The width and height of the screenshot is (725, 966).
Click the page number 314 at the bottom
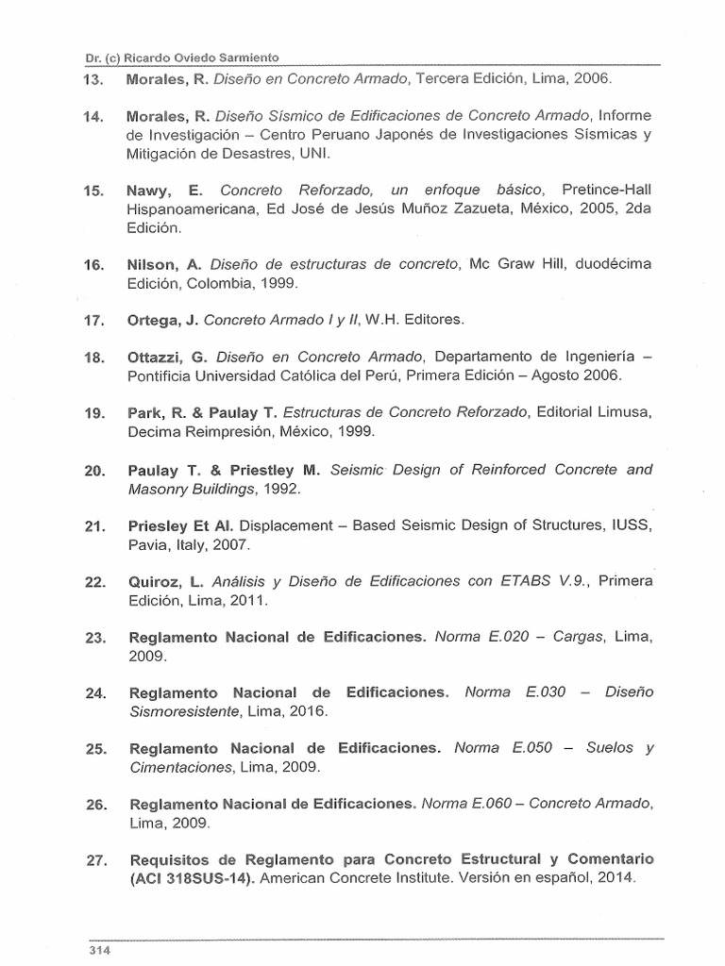click(x=100, y=950)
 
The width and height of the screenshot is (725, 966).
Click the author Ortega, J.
click(x=163, y=320)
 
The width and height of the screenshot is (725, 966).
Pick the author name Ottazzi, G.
click(x=166, y=357)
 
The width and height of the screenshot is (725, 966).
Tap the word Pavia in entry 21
click(x=146, y=544)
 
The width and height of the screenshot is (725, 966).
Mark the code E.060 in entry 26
click(x=492, y=803)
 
